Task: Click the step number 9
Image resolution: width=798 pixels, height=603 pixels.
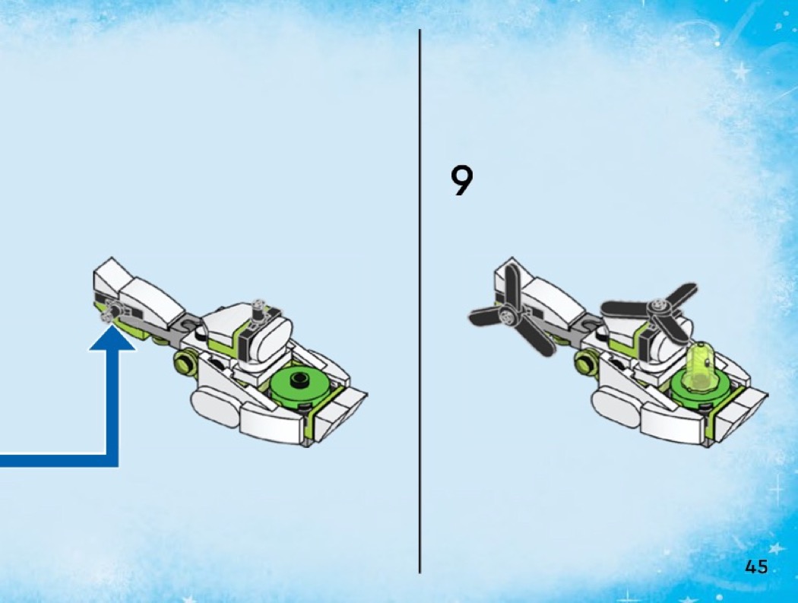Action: pyautogui.click(x=461, y=181)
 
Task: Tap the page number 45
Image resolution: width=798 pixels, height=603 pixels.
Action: pyautogui.click(x=756, y=567)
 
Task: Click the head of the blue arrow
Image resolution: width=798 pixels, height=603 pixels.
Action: pyautogui.click(x=112, y=338)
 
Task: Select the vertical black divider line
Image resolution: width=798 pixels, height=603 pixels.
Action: pyautogui.click(x=420, y=301)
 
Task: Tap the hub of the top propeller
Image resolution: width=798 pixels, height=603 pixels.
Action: pyautogui.click(x=657, y=306)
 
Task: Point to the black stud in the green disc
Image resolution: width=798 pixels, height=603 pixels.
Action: pyautogui.click(x=297, y=379)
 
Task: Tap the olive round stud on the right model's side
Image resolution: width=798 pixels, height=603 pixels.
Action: pyautogui.click(x=585, y=363)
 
